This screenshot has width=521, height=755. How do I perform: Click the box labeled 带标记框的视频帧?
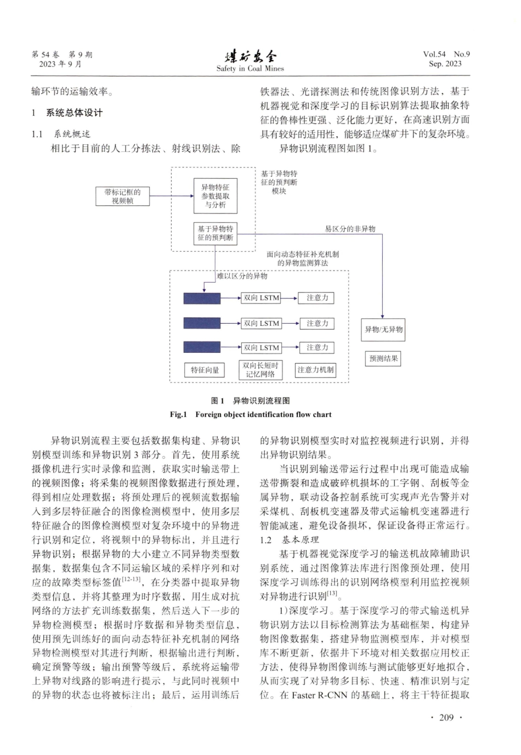pyautogui.click(x=122, y=196)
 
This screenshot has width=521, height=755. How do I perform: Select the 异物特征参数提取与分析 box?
pyautogui.click(x=215, y=196)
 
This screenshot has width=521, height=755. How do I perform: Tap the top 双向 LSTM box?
pyautogui.click(x=262, y=298)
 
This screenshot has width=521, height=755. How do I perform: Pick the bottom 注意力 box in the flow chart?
pyautogui.click(x=317, y=348)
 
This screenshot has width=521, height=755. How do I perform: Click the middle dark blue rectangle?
pyautogui.click(x=202, y=323)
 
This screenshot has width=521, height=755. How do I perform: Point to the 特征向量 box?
pyautogui.click(x=205, y=370)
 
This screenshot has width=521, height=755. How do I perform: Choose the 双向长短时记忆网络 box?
pyautogui.click(x=260, y=370)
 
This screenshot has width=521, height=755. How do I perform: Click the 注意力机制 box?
pyautogui.click(x=315, y=370)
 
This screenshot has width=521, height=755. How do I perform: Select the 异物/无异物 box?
pyautogui.click(x=384, y=330)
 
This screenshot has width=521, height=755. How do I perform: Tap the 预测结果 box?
pyautogui.click(x=383, y=358)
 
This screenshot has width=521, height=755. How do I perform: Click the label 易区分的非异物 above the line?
pyautogui.click(x=350, y=229)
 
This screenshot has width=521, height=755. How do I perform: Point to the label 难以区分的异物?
pyautogui.click(x=242, y=276)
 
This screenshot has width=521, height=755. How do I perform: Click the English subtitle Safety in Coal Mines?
pyautogui.click(x=250, y=69)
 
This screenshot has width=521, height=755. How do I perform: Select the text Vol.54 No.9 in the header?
pyautogui.click(x=446, y=54)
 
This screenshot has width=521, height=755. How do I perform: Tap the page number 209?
pyautogui.click(x=446, y=718)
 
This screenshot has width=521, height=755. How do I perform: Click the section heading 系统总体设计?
pyautogui.click(x=74, y=113)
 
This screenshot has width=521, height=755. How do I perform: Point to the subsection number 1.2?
pyautogui.click(x=266, y=540)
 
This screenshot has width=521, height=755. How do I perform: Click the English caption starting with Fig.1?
pyautogui.click(x=251, y=414)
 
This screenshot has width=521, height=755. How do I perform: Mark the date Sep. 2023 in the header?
pyautogui.click(x=445, y=64)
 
